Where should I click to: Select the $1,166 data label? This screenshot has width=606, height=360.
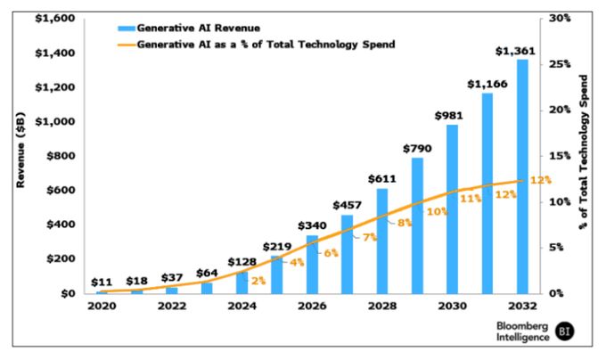click(487, 84)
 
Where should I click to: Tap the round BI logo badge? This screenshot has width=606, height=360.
click(564, 332)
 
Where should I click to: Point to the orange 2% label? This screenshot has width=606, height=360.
click(258, 281)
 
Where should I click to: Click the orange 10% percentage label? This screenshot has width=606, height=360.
click(438, 211)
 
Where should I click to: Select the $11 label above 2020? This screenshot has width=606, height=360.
click(102, 282)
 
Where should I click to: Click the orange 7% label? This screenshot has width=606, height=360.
click(370, 238)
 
